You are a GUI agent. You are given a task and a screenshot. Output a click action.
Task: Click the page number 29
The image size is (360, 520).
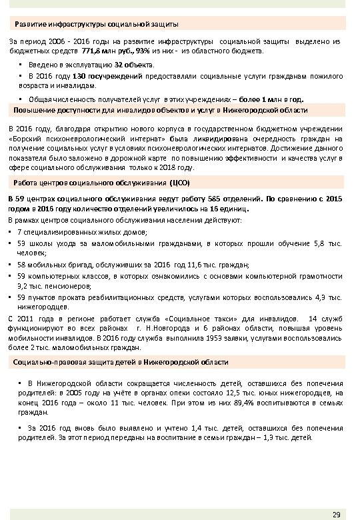(335, 513)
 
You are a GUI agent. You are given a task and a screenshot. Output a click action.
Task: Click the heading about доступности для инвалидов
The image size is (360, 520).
(160, 109)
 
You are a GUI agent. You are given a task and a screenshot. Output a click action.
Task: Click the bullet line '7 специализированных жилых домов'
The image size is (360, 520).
(83, 231)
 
